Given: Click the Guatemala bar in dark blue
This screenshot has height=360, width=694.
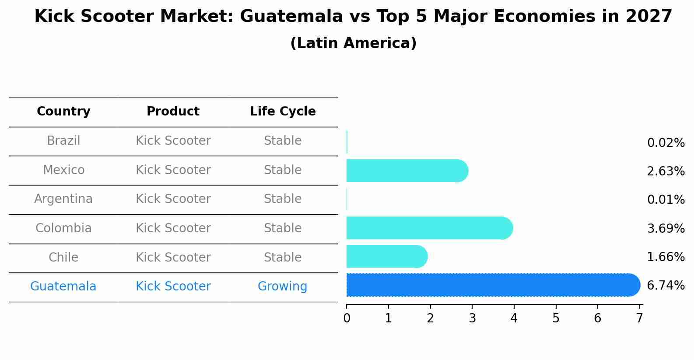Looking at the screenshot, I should coord(493,285).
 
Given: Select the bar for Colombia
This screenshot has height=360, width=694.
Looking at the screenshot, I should coord(429,228).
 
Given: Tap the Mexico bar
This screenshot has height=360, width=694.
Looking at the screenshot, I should coord(407,171).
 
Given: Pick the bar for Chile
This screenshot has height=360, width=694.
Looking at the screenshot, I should coord(386,256).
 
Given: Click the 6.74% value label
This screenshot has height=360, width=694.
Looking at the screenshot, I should coord(666,286).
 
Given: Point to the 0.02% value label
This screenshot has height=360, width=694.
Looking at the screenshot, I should coord(666,143).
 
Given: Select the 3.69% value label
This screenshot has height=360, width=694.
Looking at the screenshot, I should coord(666,228).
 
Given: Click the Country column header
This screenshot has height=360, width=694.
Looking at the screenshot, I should coord(63,112).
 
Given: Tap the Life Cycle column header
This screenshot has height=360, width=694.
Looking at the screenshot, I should coord(283,112).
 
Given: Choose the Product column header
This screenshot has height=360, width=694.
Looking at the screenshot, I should coord(173,112).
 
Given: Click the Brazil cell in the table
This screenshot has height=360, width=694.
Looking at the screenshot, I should coord(63,141).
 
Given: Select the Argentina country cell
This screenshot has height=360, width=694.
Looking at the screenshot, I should coord(63,199).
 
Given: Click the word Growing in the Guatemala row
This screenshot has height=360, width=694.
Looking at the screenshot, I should coord(282,287).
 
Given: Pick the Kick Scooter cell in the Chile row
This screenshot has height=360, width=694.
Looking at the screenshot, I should coord(173,257).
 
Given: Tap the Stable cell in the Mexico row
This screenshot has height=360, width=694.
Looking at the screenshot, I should coord(282,170).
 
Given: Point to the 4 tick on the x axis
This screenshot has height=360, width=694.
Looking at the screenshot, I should coord(514,318).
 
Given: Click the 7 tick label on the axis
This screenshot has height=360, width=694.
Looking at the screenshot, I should coord(639,318).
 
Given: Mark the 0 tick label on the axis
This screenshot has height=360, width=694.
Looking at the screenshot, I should coord(347,318).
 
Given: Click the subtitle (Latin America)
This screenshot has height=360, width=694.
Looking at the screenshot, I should coord(353,43).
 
